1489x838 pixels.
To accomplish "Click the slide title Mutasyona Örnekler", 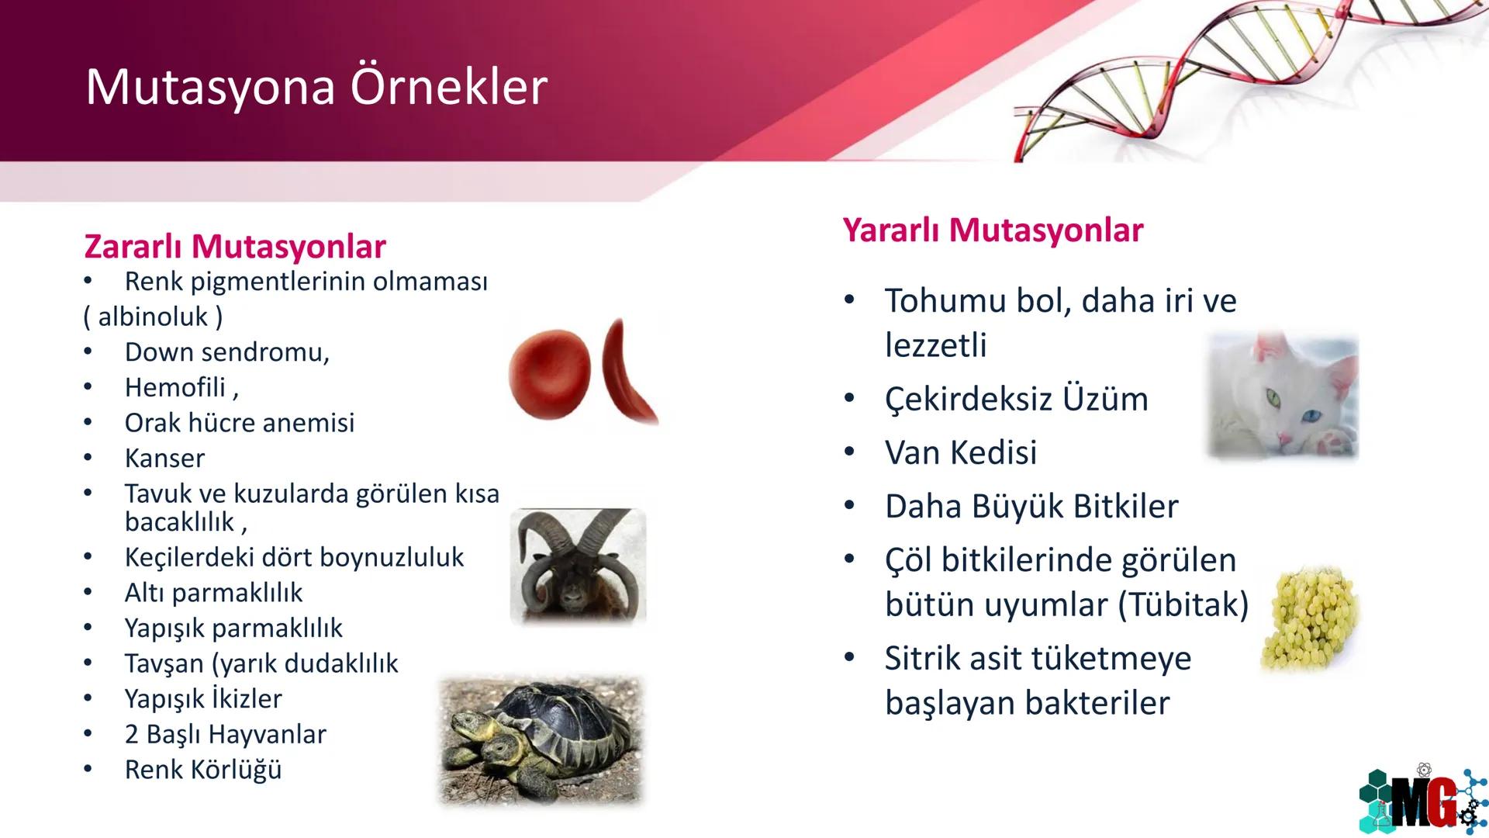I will (x=316, y=86).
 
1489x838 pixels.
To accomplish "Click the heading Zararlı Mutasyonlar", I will (x=234, y=247).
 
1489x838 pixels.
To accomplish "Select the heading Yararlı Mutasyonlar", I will (x=993, y=230).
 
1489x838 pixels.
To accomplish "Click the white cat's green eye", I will (x=1272, y=399).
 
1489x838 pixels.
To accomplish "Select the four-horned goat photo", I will (x=578, y=566).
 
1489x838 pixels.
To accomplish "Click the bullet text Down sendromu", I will (x=226, y=352).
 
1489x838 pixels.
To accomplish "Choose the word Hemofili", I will (x=175, y=387).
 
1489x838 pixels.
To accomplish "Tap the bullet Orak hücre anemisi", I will (x=239, y=423).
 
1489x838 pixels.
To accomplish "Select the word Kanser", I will (x=164, y=459).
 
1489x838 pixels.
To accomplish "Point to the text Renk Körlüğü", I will (x=203, y=770).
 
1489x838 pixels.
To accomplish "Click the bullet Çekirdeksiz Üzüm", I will (x=1016, y=399).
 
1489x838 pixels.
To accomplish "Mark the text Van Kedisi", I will (x=960, y=452).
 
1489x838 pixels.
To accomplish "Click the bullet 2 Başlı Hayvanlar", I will (x=225, y=734).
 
